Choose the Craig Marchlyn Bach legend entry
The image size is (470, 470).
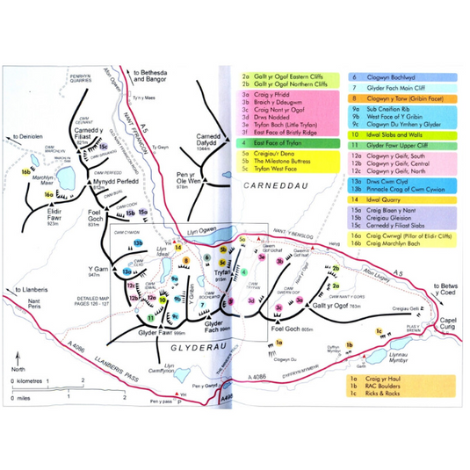pyautogui.click(x=387, y=245)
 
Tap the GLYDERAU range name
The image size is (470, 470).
pyautogui.click(x=182, y=351)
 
